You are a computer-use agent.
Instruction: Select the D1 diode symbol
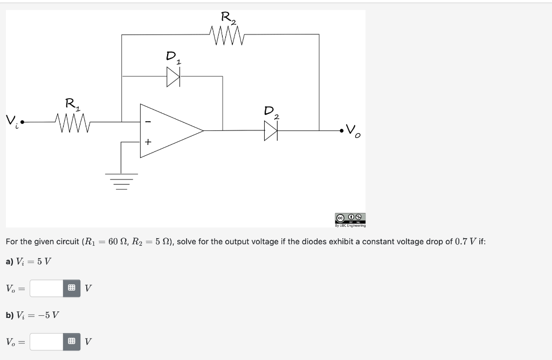173,78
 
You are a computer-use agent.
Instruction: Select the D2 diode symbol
270,130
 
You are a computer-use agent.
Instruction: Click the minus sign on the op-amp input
148,122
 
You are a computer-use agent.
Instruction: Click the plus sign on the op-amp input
148,142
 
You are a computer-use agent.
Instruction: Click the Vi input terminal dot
23,122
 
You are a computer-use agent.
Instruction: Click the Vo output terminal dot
341,130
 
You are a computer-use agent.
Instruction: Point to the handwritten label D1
173,57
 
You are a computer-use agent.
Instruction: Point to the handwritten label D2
271,112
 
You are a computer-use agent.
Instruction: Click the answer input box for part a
47,288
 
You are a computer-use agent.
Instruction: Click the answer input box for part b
47,342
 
